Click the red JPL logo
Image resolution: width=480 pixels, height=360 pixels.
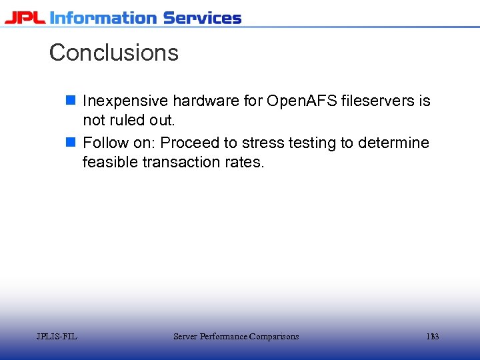coord(25,18)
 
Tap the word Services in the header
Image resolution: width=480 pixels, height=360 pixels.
coord(202,18)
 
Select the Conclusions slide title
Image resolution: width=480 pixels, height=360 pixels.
coord(114,53)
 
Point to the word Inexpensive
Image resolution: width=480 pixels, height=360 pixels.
coord(125,101)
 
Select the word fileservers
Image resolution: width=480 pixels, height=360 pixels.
coord(377,101)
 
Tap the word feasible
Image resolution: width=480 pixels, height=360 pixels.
coord(110,162)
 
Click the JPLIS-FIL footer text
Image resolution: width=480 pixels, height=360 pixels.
coord(57,337)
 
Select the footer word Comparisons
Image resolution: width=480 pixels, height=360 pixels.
coord(273,337)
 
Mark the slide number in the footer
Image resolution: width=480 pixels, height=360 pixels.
coord(433,337)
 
